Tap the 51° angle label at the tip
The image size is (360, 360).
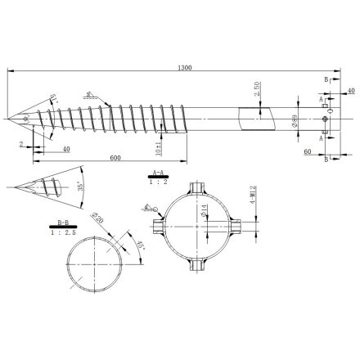pyautogui.click(x=52, y=99)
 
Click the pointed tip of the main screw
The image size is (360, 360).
pyautogui.click(x=9, y=120)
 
